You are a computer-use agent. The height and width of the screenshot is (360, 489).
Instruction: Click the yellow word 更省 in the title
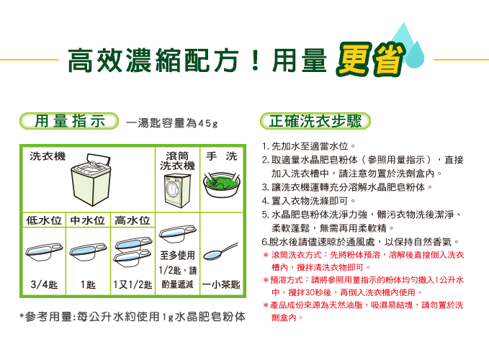click(370, 59)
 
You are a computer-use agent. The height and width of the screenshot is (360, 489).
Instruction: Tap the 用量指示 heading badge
click(69, 121)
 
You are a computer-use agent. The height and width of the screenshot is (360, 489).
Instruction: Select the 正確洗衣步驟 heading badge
click(315, 121)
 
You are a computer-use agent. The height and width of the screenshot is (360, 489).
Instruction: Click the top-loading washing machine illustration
click(91, 179)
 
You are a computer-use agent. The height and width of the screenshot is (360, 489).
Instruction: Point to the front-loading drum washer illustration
click(177, 191)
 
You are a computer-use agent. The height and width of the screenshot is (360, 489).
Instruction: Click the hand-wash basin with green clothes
click(222, 184)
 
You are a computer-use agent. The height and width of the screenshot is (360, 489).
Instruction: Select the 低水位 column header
click(44, 220)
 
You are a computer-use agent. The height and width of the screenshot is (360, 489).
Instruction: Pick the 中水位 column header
click(88, 220)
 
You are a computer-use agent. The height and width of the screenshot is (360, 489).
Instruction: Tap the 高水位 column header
click(133, 220)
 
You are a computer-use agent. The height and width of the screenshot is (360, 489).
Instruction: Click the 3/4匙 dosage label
click(44, 284)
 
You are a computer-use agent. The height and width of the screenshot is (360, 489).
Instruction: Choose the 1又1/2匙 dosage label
click(133, 284)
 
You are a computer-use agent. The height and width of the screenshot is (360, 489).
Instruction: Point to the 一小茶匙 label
click(221, 284)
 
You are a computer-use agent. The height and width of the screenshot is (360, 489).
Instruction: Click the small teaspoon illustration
click(221, 251)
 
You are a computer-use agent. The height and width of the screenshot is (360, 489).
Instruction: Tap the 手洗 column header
click(221, 156)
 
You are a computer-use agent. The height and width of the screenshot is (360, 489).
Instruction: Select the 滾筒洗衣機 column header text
click(177, 161)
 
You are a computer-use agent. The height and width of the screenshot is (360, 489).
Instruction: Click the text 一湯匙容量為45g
click(172, 123)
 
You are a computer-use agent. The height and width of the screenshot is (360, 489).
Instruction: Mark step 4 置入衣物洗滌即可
click(309, 201)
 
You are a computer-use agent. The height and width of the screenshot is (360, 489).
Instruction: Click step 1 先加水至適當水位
click(309, 146)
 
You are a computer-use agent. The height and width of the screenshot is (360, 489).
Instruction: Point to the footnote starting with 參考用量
click(133, 317)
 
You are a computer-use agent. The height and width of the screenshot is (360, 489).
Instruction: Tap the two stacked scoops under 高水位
click(133, 251)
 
